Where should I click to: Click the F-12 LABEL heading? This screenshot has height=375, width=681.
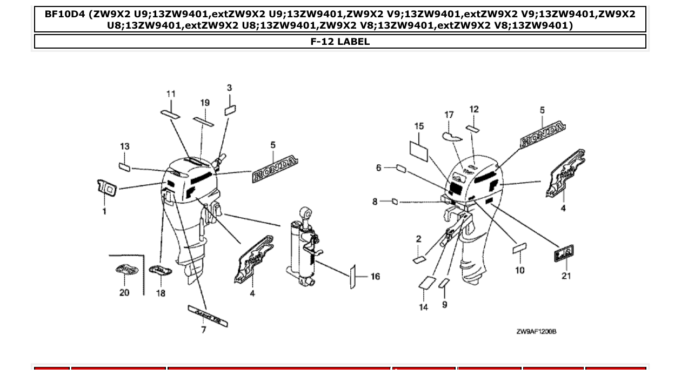pyautogui.click(x=340, y=42)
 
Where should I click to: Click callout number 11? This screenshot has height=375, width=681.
pyautogui.click(x=171, y=94)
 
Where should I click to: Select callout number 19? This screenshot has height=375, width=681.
pyautogui.click(x=204, y=103)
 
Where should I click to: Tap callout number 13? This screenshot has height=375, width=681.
pyautogui.click(x=125, y=146)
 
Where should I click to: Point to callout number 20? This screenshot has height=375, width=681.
pyautogui.click(x=124, y=292)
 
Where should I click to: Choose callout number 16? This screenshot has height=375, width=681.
pyautogui.click(x=375, y=277)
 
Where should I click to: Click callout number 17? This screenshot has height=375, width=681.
pyautogui.click(x=449, y=115)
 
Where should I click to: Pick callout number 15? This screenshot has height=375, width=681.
pyautogui.click(x=419, y=126)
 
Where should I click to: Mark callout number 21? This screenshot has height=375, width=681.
pyautogui.click(x=566, y=276)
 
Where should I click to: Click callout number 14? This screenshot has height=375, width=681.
pyautogui.click(x=423, y=307)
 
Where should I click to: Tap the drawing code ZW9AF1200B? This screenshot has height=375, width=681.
pyautogui.click(x=536, y=331)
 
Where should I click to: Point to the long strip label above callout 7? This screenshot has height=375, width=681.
pyautogui.click(x=208, y=316)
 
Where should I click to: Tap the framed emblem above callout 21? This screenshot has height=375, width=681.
pyautogui.click(x=564, y=253)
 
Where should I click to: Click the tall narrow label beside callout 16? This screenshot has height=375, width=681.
pyautogui.click(x=353, y=277)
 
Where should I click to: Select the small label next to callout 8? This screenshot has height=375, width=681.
pyautogui.click(x=395, y=202)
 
